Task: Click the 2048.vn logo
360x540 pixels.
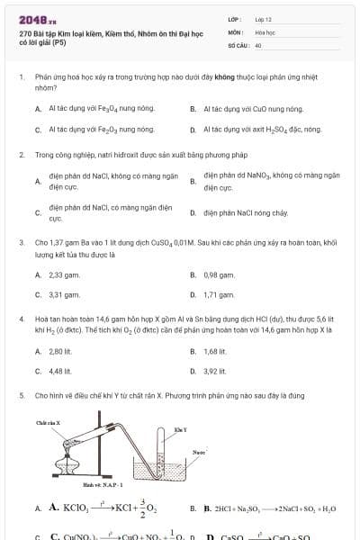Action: [33, 19]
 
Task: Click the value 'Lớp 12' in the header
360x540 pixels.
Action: [263, 18]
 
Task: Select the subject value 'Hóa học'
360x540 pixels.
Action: [264, 31]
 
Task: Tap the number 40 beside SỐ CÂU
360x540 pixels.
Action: [258, 44]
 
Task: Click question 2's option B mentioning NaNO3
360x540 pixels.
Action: [271, 181]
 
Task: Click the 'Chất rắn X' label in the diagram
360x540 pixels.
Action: [47, 422]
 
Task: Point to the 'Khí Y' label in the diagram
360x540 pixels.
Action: [180, 429]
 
